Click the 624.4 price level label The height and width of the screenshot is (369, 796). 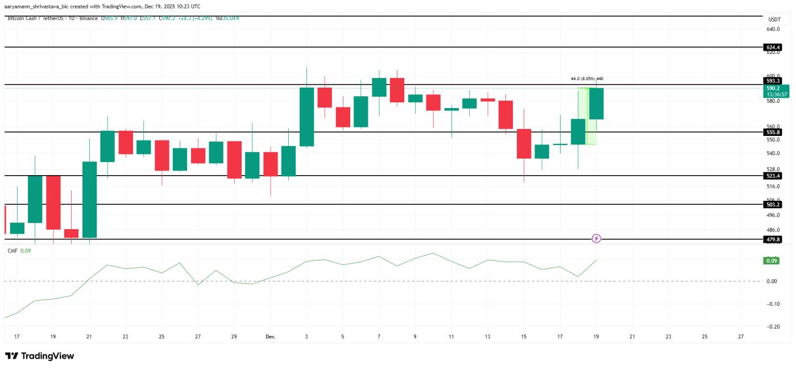(773, 47)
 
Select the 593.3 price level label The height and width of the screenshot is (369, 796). (773, 81)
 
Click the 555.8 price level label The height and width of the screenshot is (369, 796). (773, 132)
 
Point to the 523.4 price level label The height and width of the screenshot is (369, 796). (773, 176)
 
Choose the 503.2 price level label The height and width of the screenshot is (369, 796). (773, 204)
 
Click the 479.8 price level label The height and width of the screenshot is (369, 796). (773, 239)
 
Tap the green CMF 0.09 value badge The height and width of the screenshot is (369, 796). (772, 260)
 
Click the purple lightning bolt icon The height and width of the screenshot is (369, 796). (596, 238)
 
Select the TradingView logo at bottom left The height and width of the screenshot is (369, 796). (39, 356)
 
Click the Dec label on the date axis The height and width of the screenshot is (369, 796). (270, 337)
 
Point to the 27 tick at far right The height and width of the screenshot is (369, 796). (740, 337)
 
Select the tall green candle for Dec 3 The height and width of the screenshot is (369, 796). (306, 117)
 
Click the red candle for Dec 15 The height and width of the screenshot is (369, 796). (524, 143)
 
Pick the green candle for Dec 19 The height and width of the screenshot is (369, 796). (596, 103)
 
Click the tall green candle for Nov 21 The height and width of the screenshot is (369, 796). (89, 199)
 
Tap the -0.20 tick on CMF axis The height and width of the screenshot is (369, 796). (773, 326)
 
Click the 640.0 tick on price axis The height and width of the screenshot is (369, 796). (773, 29)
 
